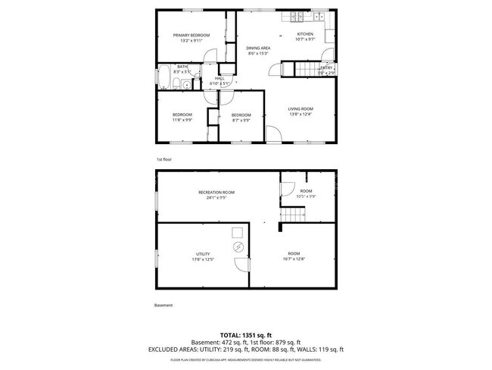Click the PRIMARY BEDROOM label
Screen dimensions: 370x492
191,36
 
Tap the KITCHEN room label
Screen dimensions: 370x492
305,34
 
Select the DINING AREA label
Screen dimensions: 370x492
258,48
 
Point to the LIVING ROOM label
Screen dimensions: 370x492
300,108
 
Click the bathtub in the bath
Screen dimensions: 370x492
163,77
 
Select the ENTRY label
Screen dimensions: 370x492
325,68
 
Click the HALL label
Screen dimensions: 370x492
220,78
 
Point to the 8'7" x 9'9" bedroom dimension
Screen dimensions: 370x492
241,120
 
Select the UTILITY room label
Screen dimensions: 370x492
203,254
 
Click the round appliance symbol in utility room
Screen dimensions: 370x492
238,248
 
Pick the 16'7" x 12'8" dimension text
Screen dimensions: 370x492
293,259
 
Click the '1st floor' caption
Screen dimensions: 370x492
164,160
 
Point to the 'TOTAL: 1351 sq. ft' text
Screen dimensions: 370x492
246,334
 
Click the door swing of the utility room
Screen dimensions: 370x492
241,265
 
